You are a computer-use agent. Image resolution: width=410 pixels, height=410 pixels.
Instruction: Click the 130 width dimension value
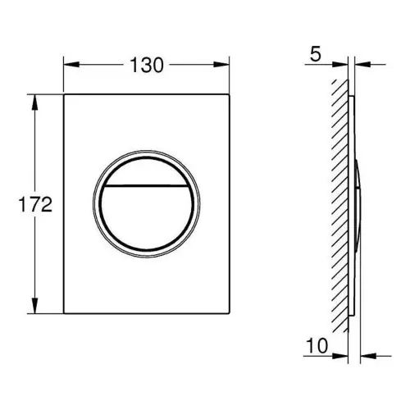tap(147, 66)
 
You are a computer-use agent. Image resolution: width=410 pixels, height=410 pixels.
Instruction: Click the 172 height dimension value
tap(35, 204)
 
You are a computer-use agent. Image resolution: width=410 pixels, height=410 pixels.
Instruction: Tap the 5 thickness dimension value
tap(315, 54)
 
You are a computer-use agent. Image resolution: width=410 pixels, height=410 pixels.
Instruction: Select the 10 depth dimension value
tap(317, 345)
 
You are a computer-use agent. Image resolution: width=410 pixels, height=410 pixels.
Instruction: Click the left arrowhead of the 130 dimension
tap(71, 65)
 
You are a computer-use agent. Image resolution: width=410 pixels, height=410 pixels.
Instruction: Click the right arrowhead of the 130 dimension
tap(221, 65)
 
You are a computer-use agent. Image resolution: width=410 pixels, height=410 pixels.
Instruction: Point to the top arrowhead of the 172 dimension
tap(34, 102)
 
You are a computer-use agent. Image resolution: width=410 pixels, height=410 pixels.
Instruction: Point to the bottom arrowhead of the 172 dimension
tap(34, 306)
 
